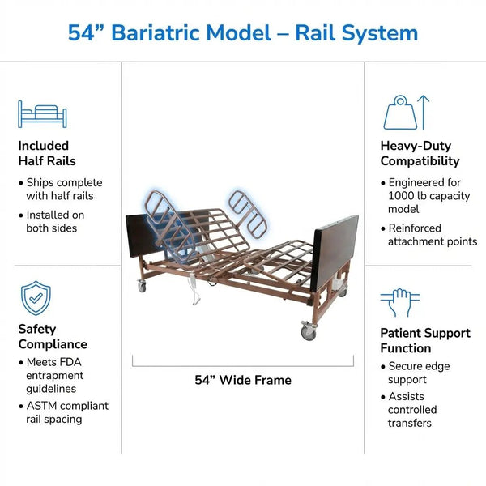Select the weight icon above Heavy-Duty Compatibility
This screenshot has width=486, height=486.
tap(406, 113)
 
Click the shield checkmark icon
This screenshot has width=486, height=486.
tap(36, 297)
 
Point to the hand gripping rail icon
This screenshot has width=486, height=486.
tap(399, 303)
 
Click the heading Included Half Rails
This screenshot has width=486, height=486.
tap(44, 154)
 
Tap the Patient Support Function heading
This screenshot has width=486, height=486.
tap(425, 340)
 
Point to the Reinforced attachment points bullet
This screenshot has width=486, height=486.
tap(429, 235)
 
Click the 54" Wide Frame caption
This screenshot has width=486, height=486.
tap(243, 380)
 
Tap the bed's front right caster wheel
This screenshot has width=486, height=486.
tap(308, 332)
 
